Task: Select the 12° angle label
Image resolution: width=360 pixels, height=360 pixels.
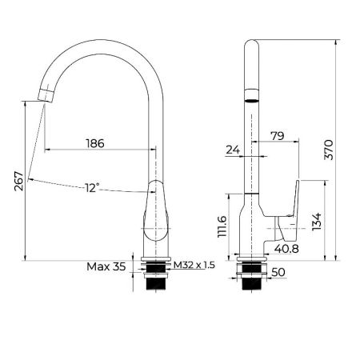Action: pos(93,188)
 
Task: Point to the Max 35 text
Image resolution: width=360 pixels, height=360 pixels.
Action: pos(106,266)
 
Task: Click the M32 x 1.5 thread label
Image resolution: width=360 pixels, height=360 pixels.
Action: pos(195,266)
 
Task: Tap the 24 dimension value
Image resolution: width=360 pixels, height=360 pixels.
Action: pos(234,149)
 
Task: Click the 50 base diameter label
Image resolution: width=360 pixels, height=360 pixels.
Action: pos(279,273)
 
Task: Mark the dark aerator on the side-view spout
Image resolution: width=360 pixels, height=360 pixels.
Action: pos(251,102)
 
